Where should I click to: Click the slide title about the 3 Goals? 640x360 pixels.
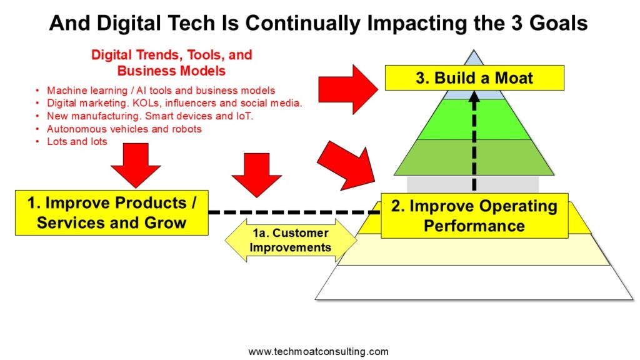tap(318, 23)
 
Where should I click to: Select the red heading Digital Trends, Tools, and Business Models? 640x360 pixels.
tap(171, 62)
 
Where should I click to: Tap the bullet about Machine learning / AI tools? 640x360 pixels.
tap(161, 90)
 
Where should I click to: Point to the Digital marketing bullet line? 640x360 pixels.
tap(174, 103)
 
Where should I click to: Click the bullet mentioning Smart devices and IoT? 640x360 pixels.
tap(150, 116)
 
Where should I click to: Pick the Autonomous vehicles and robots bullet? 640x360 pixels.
tap(124, 129)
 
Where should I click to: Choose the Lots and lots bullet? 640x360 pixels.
tap(77, 142)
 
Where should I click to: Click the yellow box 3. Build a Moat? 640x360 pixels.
tap(474, 77)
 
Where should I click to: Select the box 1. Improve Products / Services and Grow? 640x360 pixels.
tap(112, 212)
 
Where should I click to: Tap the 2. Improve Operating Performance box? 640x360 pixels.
tap(474, 216)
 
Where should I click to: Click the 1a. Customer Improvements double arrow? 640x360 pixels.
tap(291, 241)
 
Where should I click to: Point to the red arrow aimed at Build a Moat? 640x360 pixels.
tap(347, 89)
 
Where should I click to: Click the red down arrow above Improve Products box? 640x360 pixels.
tap(136, 165)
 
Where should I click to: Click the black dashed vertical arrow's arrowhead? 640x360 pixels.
tap(474, 96)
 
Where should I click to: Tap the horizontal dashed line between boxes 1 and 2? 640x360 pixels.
tap(294, 212)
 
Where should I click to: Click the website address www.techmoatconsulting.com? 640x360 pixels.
tap(318, 351)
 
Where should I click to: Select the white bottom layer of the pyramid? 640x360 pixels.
tap(474, 282)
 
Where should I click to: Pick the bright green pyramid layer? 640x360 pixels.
tap(474, 119)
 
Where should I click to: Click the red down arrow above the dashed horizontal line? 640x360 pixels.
tap(256, 175)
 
